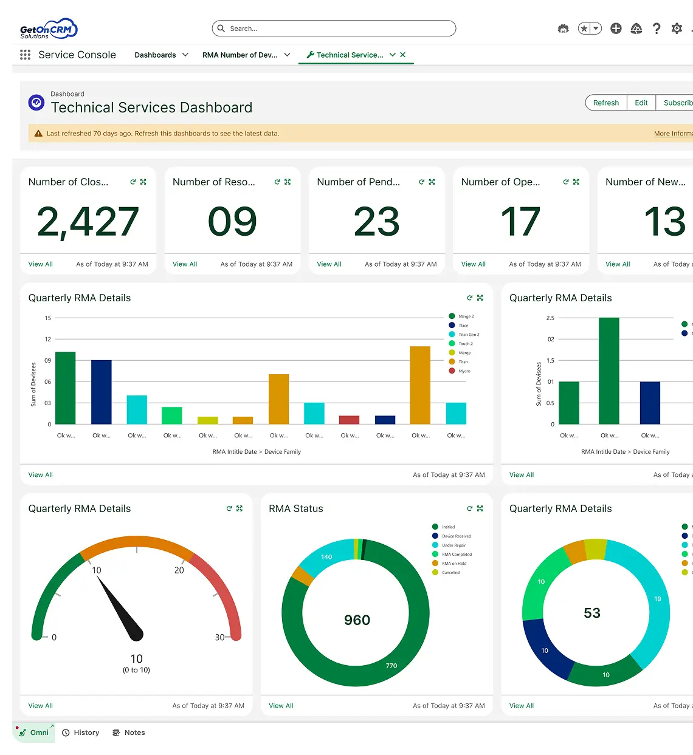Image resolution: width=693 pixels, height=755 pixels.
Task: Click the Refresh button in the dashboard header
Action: click(x=605, y=103)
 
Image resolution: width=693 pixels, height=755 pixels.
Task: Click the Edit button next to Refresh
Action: click(x=641, y=103)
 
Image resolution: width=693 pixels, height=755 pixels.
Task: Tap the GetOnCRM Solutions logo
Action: click(x=48, y=29)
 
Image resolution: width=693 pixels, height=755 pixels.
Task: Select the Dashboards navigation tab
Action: click(x=155, y=55)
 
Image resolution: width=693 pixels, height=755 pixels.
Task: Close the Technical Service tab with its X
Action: click(x=403, y=55)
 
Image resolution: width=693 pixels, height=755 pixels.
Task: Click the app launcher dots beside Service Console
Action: click(x=25, y=55)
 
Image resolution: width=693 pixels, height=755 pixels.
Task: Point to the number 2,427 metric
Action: click(x=88, y=222)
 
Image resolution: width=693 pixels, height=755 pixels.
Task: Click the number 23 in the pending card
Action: click(x=376, y=222)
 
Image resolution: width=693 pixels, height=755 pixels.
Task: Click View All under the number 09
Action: click(x=185, y=264)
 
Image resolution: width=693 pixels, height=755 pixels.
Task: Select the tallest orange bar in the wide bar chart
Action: click(x=420, y=385)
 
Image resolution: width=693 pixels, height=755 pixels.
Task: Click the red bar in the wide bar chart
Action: click(x=349, y=420)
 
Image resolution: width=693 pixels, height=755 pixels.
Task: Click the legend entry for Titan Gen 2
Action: click(x=468, y=335)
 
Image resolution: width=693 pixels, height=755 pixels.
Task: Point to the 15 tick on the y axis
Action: click(x=48, y=318)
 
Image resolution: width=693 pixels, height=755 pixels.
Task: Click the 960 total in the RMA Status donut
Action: click(x=357, y=620)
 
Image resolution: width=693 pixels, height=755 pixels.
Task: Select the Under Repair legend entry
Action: click(x=453, y=545)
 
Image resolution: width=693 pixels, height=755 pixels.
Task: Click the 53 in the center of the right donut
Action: click(x=592, y=613)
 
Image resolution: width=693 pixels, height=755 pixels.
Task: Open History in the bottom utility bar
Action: click(x=81, y=733)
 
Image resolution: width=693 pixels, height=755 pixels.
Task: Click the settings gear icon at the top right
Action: click(x=677, y=29)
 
